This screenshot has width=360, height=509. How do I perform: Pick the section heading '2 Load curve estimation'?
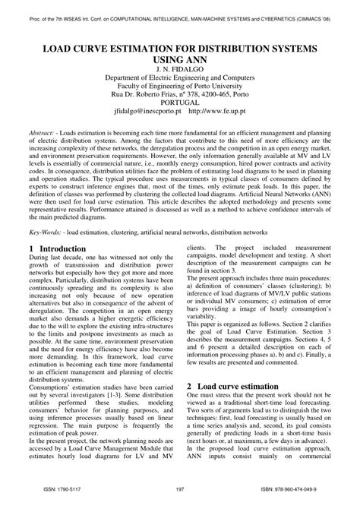pyautogui.click(x=237, y=386)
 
